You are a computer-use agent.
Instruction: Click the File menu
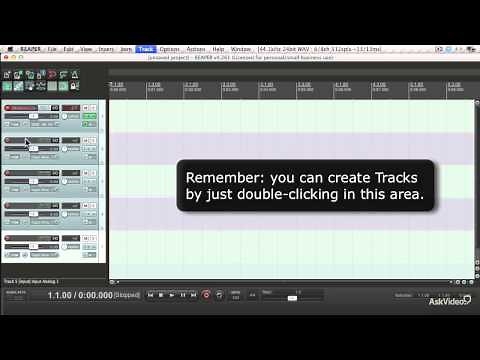[52, 48]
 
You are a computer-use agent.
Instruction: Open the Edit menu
[69, 48]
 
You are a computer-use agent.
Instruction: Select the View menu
[86, 48]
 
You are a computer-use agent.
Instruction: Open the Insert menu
[105, 48]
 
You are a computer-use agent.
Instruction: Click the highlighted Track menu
[147, 48]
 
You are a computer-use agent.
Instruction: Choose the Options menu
[169, 48]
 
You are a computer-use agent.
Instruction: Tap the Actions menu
[196, 48]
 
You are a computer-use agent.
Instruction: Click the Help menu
[219, 48]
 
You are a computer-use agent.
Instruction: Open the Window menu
[241, 48]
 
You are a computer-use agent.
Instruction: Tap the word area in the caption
[407, 195]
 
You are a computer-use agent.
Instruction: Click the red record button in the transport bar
[206, 295]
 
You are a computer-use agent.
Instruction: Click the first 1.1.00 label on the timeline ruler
[116, 85]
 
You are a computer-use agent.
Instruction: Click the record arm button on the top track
[9, 107]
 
